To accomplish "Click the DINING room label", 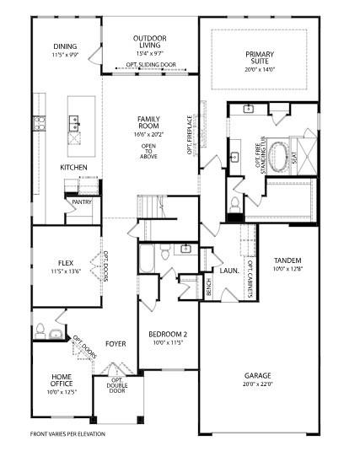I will point(65,47).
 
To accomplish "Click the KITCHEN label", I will point(73,168).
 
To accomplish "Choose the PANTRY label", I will point(82,202).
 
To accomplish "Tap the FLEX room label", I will point(65,262).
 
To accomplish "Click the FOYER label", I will point(116,343).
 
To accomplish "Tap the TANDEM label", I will point(287,260).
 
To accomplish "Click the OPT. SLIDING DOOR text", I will point(151,65).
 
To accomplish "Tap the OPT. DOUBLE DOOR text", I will point(117,385).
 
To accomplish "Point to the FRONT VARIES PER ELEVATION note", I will point(68,434).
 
